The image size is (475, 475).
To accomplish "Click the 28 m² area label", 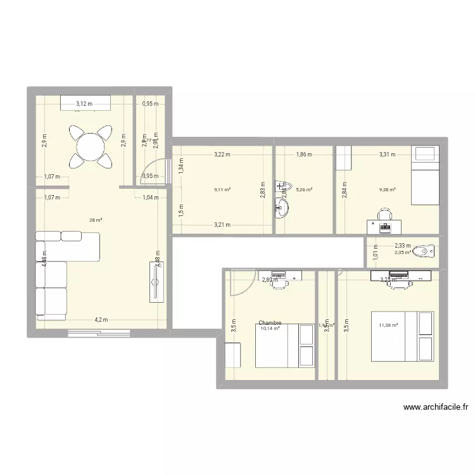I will pos(96,220).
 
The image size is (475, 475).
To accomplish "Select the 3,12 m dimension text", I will pos(84,104).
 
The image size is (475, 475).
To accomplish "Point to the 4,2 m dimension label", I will pos(101,320).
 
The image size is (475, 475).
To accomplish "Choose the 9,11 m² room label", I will pos(222,189).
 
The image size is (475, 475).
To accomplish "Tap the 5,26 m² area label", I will pos(304,189).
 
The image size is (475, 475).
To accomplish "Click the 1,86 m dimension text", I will pos(305,154).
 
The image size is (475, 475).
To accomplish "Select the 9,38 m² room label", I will pos(387,189).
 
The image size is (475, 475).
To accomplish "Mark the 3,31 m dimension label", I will pos(387,154).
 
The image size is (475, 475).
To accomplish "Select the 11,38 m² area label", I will pos(388,326).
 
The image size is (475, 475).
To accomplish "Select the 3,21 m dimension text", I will pos(222,224).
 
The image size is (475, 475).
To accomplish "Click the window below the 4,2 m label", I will pos(99,332).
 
